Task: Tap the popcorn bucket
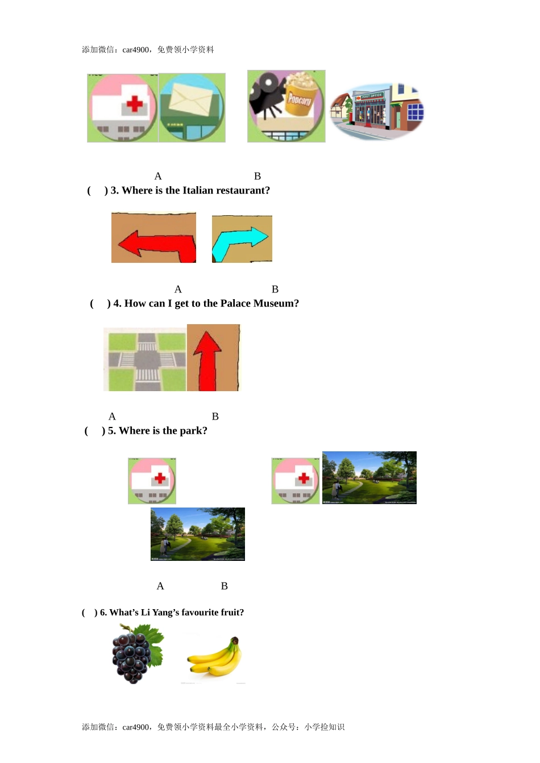click(x=300, y=96)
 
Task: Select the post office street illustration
click(x=377, y=111)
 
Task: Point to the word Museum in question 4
click(x=276, y=304)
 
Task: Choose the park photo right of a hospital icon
click(x=369, y=477)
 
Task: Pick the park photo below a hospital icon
click(x=197, y=534)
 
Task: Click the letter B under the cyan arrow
click(x=275, y=290)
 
